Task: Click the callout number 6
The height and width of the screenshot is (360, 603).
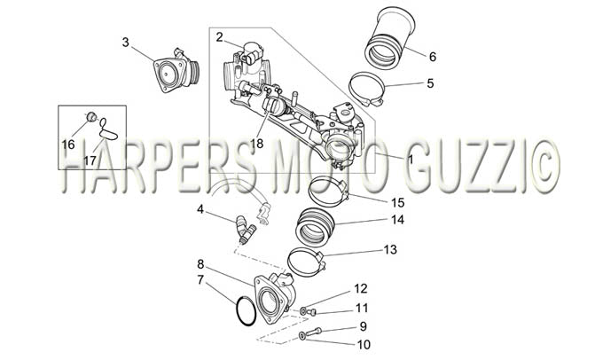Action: (433, 57)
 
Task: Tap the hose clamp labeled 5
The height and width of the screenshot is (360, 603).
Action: (366, 90)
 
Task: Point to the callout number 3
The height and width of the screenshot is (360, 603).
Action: (125, 43)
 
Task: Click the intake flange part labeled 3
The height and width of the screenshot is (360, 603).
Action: (176, 72)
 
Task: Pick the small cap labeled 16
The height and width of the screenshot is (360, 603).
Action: (91, 116)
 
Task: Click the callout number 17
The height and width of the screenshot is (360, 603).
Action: (90, 160)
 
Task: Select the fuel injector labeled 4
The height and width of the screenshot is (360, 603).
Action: (245, 230)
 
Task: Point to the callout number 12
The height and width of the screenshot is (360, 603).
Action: (361, 288)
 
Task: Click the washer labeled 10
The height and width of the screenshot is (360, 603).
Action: (302, 337)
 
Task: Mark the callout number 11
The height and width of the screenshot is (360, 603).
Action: (362, 308)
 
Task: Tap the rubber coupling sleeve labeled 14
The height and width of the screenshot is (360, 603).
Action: (315, 227)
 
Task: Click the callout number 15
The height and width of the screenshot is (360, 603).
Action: (397, 202)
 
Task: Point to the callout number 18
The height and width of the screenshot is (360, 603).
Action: (256, 144)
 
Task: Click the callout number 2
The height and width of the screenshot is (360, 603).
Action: (219, 37)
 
